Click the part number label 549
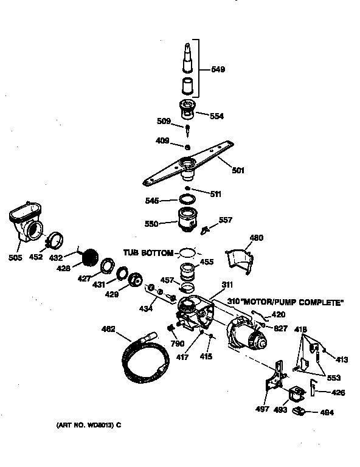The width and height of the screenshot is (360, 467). pos(217,69)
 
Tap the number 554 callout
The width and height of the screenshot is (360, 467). pos(217,115)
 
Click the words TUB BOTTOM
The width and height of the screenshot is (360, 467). pos(148,252)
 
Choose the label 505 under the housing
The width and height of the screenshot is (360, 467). pos(15,257)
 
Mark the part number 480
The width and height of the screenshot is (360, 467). pos(257,238)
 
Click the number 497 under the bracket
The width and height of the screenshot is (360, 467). pos(262,409)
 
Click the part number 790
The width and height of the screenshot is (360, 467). pos(178,344)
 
